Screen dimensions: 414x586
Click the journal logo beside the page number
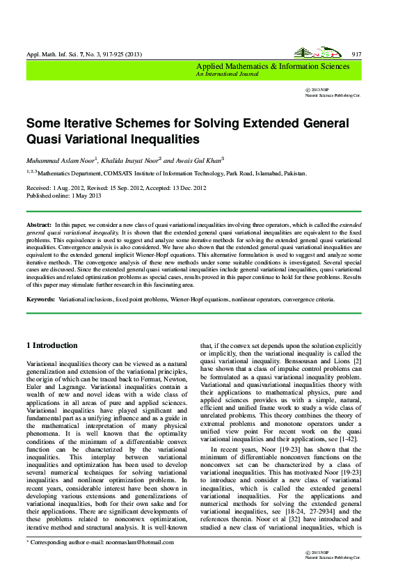click(x=311, y=53)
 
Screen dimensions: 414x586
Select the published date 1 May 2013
click(x=82, y=195)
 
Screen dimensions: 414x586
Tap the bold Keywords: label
click(x=41, y=299)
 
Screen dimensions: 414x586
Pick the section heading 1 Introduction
click(x=52, y=345)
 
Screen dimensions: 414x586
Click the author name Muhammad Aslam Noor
click(x=59, y=159)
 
